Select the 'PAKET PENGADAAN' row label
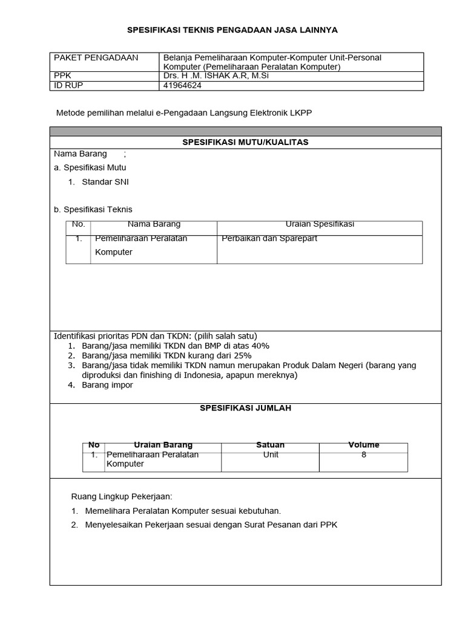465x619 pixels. pos(96,58)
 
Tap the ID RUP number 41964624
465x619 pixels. pos(182,85)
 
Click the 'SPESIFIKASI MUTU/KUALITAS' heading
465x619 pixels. pos(246,142)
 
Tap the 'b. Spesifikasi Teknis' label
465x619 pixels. pos(93,210)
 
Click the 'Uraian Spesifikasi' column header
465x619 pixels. pos(320,224)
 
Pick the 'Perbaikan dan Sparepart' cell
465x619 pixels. pos(269,238)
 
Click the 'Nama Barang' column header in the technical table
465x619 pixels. pos(154,224)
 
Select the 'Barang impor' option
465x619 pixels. pos(107,385)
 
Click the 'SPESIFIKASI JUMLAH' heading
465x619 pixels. pos(246,409)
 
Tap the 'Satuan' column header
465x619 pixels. pos(270,445)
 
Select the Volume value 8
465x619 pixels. pos(364,455)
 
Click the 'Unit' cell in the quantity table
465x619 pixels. pos(271,455)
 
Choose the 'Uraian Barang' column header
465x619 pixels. pos(163,445)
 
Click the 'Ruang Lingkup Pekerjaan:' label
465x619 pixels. pos(122,497)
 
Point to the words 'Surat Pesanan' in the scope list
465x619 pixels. pos(266,525)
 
